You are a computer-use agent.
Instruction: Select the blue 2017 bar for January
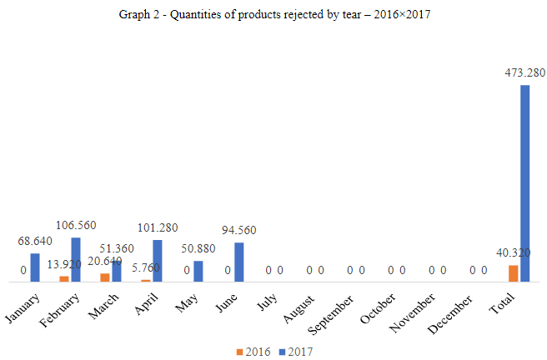(35, 267)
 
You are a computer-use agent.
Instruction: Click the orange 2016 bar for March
(105, 277)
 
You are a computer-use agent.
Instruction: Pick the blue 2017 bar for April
(158, 261)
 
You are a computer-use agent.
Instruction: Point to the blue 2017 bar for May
(198, 272)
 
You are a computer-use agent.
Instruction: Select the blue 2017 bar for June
(239, 262)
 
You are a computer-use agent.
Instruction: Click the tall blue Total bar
(525, 183)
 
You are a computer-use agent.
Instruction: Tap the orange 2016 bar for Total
(514, 273)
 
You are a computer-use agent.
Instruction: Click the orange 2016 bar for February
(64, 279)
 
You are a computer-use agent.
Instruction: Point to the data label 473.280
(524, 72)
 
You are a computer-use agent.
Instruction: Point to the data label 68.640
(36, 242)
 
